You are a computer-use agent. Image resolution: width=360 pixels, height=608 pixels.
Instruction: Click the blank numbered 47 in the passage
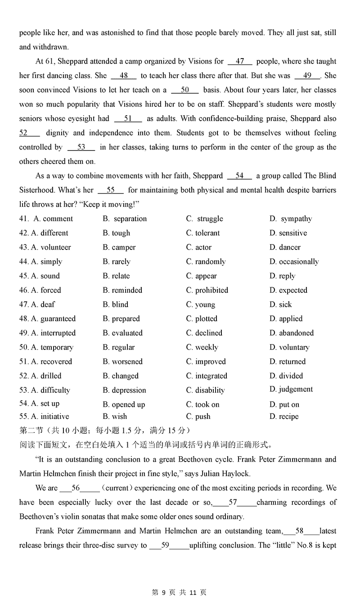pos(240,62)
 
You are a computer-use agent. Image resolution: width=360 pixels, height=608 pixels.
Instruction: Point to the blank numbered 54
pos(239,176)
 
